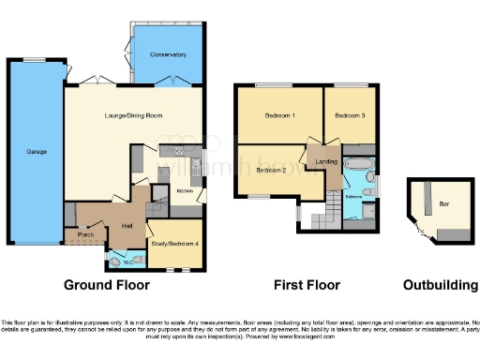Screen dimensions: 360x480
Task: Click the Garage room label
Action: [x=36, y=151]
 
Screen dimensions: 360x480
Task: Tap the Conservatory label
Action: [x=170, y=55]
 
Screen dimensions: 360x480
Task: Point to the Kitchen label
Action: [x=186, y=191]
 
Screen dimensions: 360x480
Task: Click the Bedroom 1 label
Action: [x=278, y=115]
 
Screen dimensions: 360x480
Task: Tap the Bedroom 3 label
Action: [x=351, y=115]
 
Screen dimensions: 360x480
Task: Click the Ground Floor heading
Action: [x=105, y=285]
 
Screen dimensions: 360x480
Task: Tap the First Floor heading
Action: [x=307, y=285]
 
